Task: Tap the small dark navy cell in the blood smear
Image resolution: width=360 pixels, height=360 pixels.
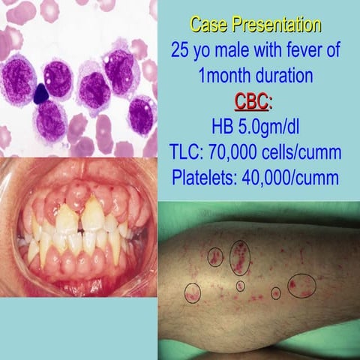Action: pos(41,94)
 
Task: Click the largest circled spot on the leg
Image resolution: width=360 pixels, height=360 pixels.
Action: pos(301,285)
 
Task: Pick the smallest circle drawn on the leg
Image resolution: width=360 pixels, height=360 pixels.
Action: pos(240,286)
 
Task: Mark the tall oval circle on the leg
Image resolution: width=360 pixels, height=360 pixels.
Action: pos(239,257)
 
